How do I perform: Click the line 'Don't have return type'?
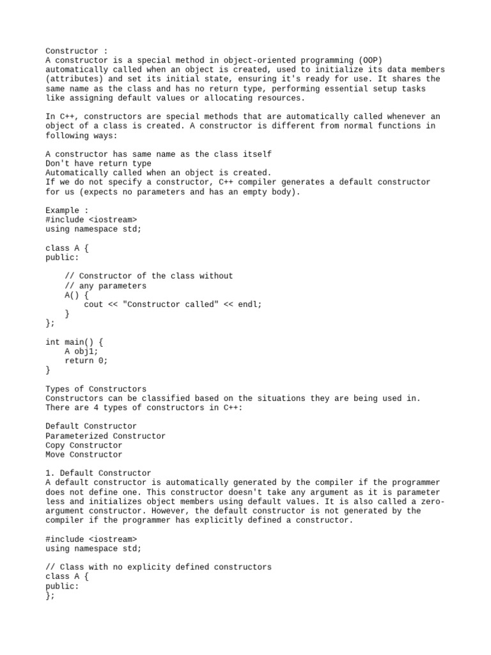(x=98, y=164)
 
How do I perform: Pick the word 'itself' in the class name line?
(x=257, y=154)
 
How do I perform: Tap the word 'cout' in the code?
(x=93, y=304)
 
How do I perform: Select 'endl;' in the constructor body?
(x=250, y=304)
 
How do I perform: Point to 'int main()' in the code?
(x=69, y=342)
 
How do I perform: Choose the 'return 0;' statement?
(x=86, y=361)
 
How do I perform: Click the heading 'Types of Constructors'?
(x=96, y=389)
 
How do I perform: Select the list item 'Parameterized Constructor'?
(x=105, y=436)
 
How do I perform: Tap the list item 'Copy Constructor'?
(x=84, y=445)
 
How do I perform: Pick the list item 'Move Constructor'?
(x=84, y=455)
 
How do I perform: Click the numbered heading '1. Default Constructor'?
(x=98, y=473)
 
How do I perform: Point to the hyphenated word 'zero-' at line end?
(x=432, y=501)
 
